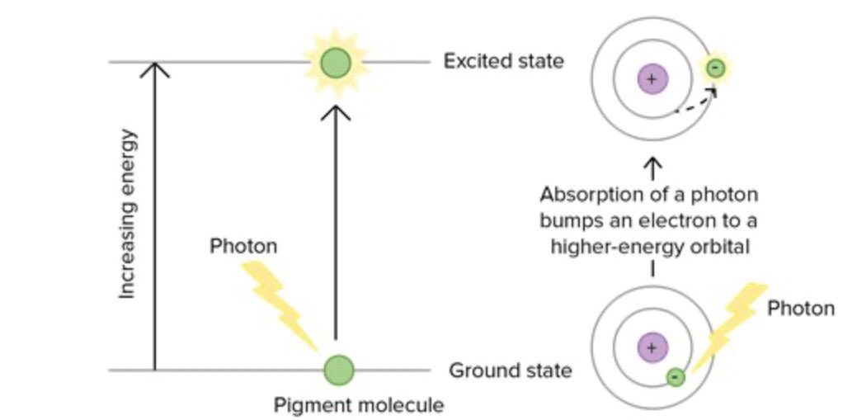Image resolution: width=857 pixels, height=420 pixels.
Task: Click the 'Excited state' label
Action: pos(503,61)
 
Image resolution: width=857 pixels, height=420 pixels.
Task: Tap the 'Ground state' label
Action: pos(510,370)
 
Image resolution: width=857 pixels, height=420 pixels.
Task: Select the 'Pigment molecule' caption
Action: pos(359,405)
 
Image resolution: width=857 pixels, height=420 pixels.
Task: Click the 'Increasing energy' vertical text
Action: pos(128,213)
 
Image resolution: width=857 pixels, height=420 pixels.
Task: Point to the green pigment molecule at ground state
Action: pos(338,370)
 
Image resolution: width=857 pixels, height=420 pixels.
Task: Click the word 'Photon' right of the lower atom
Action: pos(801,309)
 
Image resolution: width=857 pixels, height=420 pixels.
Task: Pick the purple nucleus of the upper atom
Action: pos(652,80)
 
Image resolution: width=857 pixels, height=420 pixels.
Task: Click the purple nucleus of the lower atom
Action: pos(652,347)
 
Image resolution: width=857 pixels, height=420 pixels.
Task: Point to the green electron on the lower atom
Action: pos(675,377)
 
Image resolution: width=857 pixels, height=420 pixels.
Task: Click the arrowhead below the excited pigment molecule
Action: pos(335,110)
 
